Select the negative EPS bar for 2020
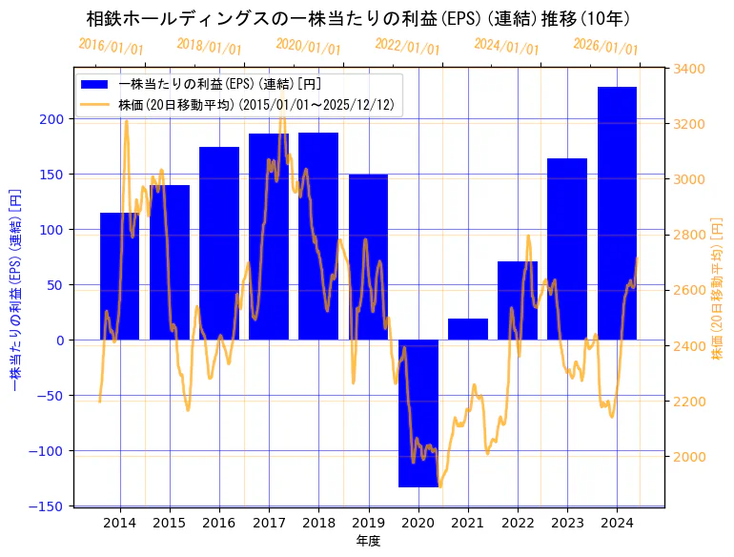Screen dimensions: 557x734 click(x=418, y=413)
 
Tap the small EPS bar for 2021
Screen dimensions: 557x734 click(x=468, y=329)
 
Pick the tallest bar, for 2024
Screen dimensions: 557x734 click(x=617, y=214)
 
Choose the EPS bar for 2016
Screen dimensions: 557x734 click(x=219, y=243)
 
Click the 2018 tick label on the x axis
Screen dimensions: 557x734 click(x=318, y=523)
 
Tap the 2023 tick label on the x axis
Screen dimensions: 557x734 click(x=567, y=523)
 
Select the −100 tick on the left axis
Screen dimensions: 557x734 click(x=49, y=451)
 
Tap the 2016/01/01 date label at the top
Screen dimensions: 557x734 click(x=112, y=47)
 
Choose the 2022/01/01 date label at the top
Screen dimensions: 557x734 click(x=408, y=47)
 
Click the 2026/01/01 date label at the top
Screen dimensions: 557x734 click(x=606, y=47)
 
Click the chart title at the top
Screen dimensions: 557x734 click(x=357, y=18)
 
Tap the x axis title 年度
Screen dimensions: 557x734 click(x=368, y=541)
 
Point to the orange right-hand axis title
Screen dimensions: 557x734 click(x=717, y=286)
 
